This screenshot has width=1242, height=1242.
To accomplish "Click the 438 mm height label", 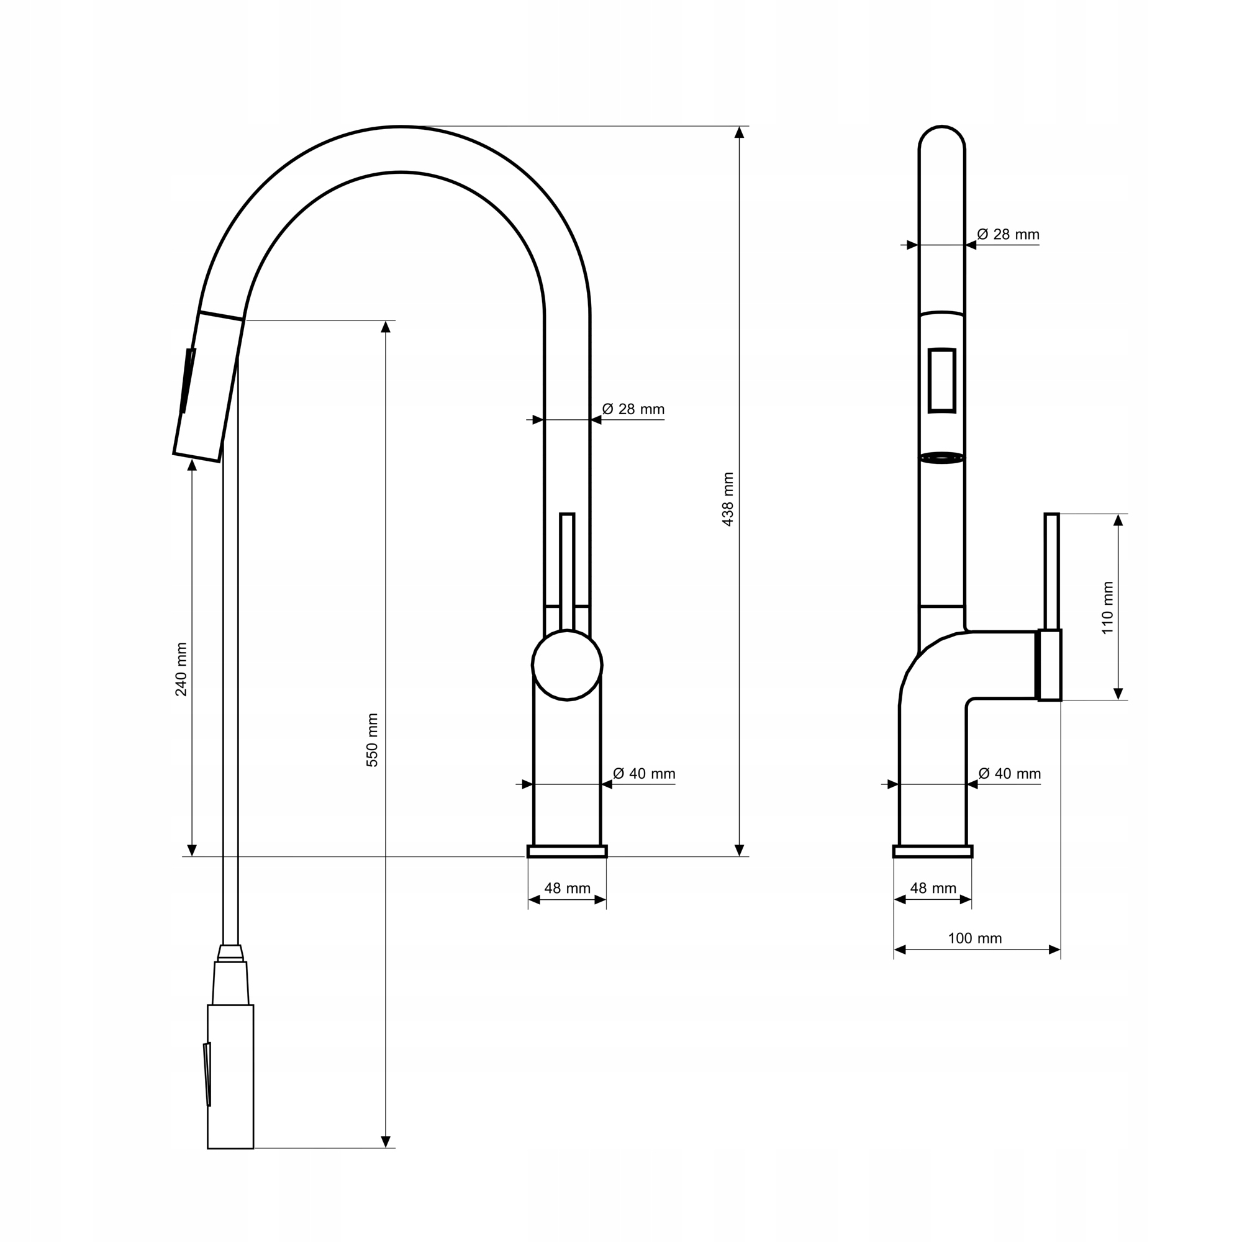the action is click(x=728, y=499).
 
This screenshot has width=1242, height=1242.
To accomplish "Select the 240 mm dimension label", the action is click(x=181, y=669).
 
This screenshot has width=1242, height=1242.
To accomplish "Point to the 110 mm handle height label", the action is click(x=1108, y=607).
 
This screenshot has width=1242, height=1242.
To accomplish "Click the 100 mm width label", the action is click(x=974, y=938).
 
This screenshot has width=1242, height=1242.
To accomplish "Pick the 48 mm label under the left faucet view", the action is click(x=567, y=888).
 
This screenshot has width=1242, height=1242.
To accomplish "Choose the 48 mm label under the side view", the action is click(x=933, y=888).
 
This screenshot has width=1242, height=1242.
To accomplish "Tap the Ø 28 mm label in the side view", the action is click(x=1008, y=234).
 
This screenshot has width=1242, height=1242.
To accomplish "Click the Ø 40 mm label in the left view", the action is click(x=644, y=773).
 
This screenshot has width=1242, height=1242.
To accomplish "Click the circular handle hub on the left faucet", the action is click(x=567, y=664).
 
